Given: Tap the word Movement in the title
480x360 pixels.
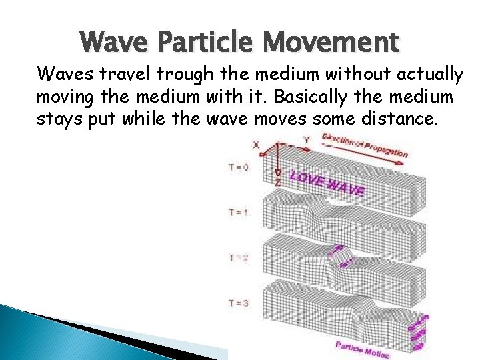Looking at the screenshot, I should tap(333, 42).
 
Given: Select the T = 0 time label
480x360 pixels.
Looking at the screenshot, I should tap(238, 167).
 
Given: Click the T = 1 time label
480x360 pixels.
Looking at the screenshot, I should tap(238, 213).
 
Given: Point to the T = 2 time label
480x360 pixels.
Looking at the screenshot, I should tap(238, 257).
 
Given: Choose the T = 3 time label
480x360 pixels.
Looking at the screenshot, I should tap(238, 303).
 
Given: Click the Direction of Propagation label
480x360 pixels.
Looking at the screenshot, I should tap(364, 145).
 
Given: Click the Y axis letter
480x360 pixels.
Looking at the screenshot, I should tap(306, 140).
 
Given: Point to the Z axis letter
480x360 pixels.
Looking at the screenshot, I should tap(278, 181).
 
